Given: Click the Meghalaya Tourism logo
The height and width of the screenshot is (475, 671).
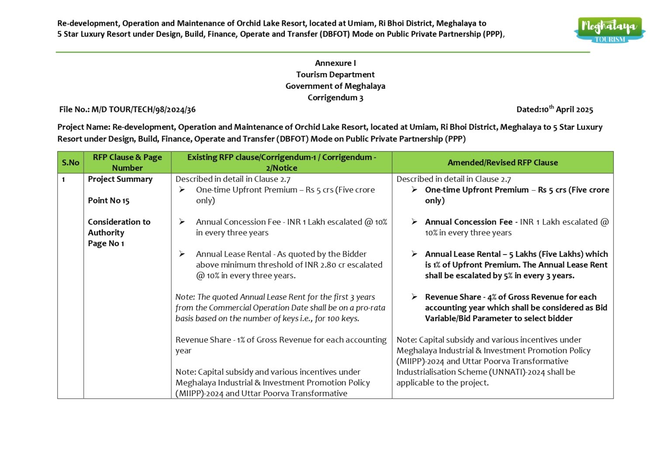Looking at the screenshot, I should [x=609, y=30].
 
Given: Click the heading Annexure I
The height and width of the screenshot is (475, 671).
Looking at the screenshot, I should [x=335, y=63].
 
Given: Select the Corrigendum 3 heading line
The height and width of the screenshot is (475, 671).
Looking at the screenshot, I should [x=335, y=98].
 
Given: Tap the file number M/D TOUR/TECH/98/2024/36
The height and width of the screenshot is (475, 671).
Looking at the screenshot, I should [x=143, y=110].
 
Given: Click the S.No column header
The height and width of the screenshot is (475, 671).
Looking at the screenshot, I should [x=70, y=163].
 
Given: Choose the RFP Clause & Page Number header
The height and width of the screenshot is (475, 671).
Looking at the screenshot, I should [x=127, y=162].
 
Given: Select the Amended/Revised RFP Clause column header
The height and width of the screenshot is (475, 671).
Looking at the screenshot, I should [x=502, y=163].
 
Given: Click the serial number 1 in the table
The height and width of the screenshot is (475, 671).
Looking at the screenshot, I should [x=63, y=179].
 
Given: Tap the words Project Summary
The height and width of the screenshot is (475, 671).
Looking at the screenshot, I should [x=120, y=179].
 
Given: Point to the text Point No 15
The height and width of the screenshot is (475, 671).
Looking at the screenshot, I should [x=109, y=201].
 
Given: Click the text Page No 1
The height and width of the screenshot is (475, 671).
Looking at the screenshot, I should [x=106, y=244].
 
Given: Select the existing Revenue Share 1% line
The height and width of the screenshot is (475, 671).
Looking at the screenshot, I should [x=281, y=340].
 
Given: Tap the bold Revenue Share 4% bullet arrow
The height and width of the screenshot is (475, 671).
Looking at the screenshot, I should [x=414, y=297].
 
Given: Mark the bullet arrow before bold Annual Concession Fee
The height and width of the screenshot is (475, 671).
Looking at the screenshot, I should [x=414, y=222].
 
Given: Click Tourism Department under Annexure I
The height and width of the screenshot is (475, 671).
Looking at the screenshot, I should [x=335, y=75].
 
